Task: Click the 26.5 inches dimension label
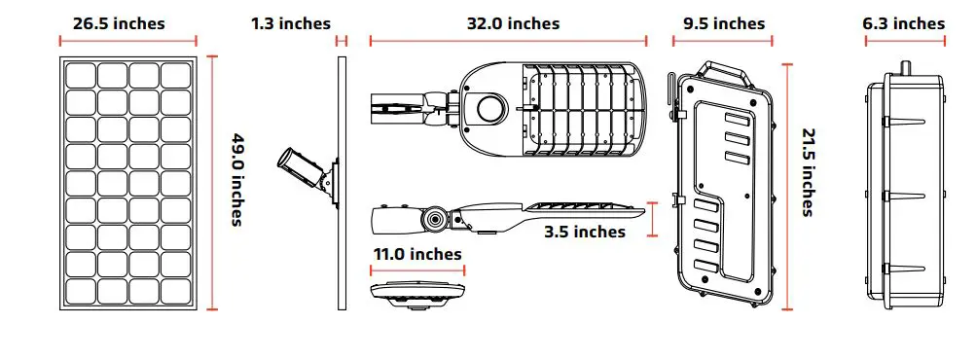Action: coord(119,23)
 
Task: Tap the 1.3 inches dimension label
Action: coord(290,23)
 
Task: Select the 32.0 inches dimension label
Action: coord(508,23)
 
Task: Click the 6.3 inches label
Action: coord(904,23)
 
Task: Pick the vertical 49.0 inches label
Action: coord(235,179)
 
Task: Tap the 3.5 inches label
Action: coord(584,232)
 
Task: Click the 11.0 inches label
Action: coord(416,254)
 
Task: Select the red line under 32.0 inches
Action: coord(508,41)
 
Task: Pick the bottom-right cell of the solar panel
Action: coord(176,292)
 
